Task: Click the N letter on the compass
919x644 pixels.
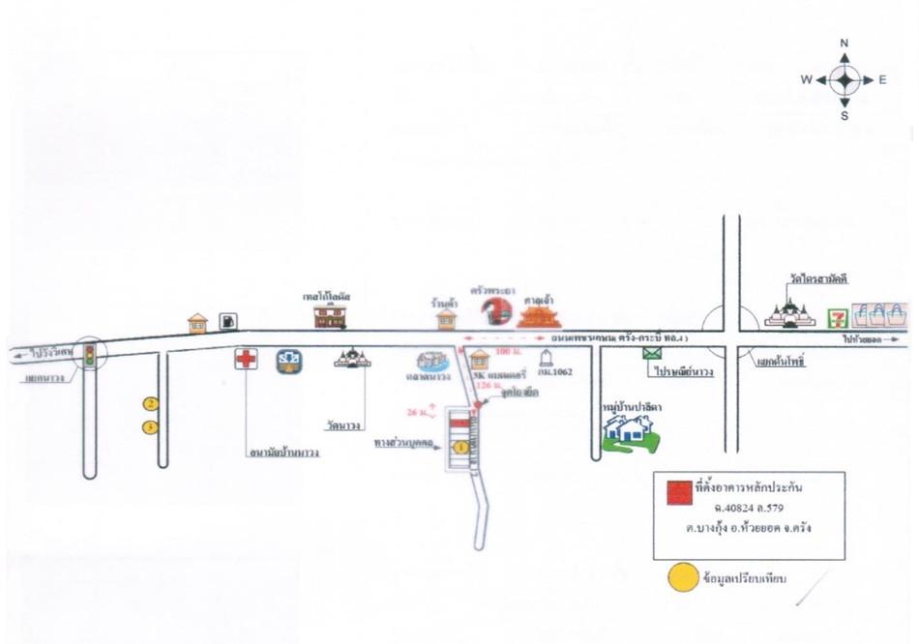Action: (845, 44)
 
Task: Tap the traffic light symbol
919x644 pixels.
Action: (90, 355)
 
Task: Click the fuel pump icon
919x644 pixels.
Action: (227, 321)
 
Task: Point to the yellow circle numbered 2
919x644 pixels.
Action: (151, 403)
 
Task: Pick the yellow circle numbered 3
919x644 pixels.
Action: (150, 426)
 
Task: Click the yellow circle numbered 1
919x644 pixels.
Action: (460, 447)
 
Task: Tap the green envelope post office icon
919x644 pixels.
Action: (650, 353)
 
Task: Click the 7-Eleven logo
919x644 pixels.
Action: (839, 316)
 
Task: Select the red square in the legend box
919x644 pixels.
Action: (680, 491)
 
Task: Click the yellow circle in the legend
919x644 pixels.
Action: (684, 578)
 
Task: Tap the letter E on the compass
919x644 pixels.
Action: (882, 80)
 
